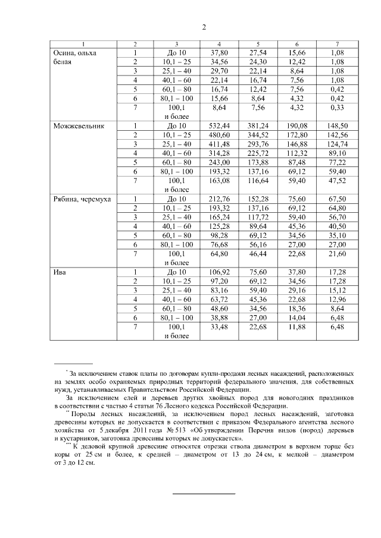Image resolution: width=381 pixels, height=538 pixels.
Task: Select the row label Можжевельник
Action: tap(77, 126)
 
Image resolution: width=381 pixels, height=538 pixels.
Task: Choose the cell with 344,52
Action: tap(258, 136)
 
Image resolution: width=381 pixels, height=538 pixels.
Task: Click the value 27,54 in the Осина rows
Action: tap(258, 53)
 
